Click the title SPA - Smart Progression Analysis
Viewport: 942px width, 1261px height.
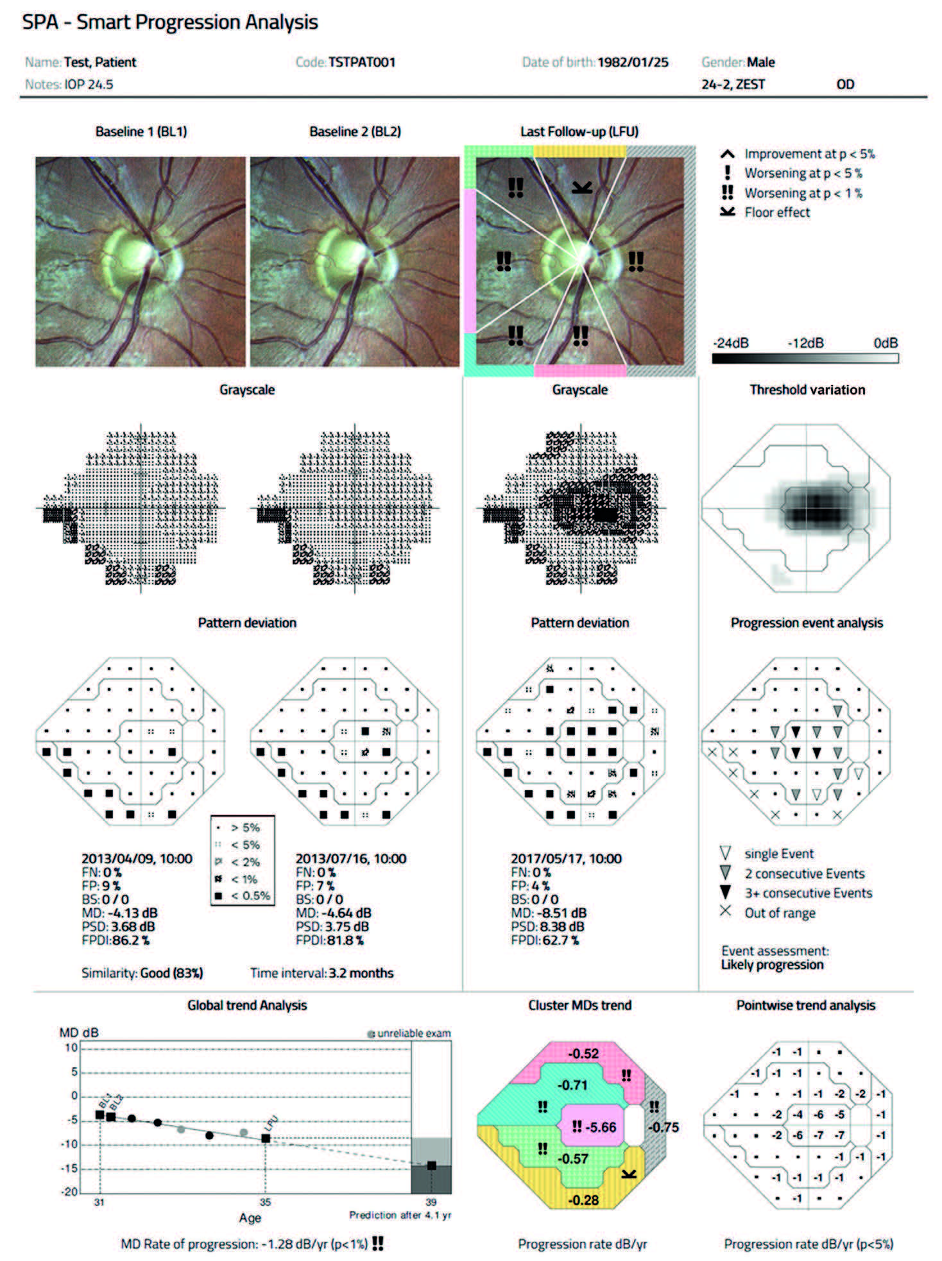170,22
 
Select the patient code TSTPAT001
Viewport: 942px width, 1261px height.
361,62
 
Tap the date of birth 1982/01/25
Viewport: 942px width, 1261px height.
633,62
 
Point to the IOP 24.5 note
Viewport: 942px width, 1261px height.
89,84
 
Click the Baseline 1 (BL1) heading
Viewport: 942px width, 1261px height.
141,131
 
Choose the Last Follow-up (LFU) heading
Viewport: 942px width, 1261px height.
579,131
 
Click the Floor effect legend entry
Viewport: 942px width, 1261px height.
776,212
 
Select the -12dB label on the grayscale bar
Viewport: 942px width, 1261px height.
805,343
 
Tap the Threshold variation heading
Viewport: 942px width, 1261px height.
807,389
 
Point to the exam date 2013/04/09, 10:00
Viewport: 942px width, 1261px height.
137,858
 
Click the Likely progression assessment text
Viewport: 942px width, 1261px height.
772,965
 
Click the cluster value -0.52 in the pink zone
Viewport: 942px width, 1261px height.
583,1053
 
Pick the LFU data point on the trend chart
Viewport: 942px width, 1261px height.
266,1138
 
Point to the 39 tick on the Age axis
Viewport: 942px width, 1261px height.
431,1202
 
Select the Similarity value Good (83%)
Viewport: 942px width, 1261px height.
171,973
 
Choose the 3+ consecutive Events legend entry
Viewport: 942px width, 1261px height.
809,893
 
